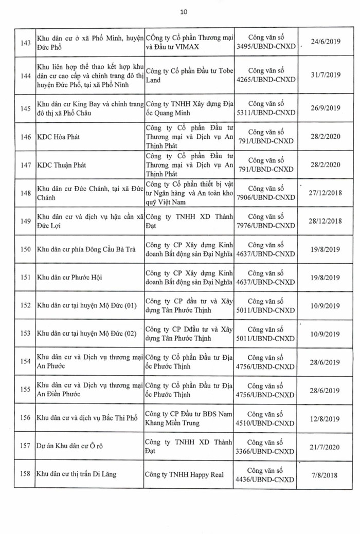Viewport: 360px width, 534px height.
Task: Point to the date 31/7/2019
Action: coord(326,78)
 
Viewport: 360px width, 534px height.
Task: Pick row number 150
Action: coord(25,249)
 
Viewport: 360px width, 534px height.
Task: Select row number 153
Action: coord(25,334)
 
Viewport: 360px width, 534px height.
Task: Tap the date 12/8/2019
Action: coord(326,418)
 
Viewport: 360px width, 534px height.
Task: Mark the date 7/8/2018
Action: coord(326,474)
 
